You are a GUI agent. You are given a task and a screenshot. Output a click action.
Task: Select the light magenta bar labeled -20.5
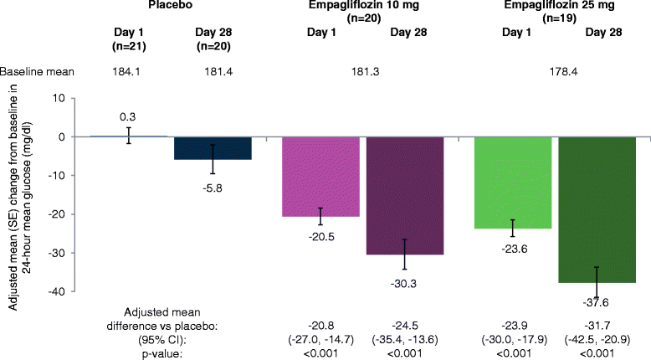click(321, 177)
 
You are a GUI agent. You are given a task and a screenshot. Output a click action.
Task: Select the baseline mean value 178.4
click(551, 71)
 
